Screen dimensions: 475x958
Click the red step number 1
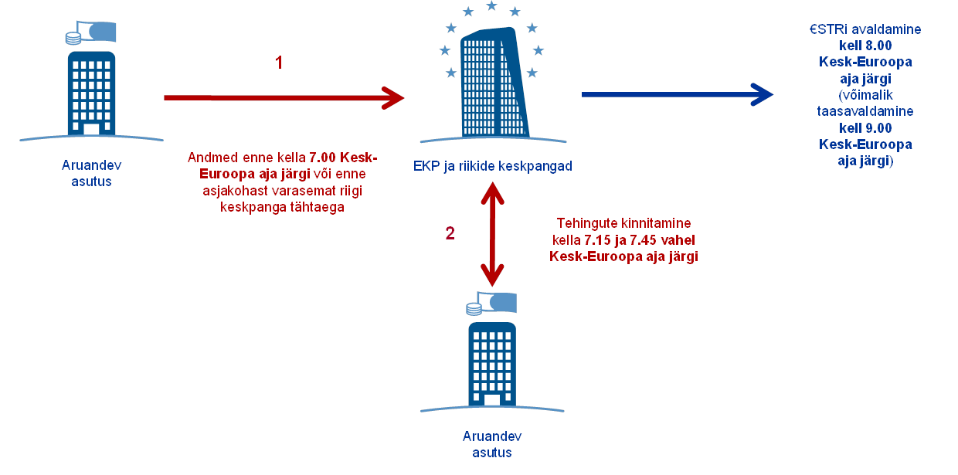(279, 63)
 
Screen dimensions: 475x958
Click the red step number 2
(450, 232)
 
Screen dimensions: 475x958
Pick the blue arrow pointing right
(677, 94)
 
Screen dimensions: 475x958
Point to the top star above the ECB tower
(491, 6)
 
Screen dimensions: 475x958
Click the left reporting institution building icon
(91, 93)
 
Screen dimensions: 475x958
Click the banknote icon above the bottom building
(498, 303)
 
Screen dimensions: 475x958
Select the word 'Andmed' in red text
(209, 158)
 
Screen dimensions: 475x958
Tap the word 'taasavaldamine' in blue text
(865, 111)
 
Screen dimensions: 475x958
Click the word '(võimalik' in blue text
(865, 95)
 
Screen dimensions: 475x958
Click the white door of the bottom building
(491, 399)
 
